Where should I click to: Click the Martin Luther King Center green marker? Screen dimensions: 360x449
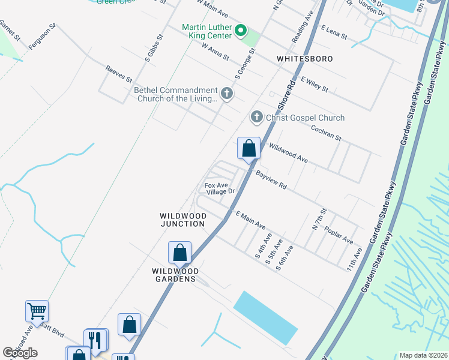241,30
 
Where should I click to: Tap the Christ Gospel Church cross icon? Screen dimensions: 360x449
257,117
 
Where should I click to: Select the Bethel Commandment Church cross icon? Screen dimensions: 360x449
226,93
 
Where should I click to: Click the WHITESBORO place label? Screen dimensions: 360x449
305,59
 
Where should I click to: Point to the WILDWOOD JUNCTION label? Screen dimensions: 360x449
183,220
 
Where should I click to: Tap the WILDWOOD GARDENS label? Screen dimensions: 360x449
173,275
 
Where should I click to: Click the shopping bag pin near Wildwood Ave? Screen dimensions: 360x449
249,148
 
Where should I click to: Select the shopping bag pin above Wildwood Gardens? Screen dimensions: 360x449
179,253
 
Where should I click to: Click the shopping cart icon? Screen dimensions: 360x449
37,311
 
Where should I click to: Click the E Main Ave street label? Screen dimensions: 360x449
250,220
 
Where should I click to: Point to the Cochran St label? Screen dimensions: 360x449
326,133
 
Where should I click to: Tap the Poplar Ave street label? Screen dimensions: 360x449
338,235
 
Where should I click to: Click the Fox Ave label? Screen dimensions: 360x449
216,185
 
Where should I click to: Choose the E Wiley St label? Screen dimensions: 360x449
315,84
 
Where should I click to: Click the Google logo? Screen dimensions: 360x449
20,353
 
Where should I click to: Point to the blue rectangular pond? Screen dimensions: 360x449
265,317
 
